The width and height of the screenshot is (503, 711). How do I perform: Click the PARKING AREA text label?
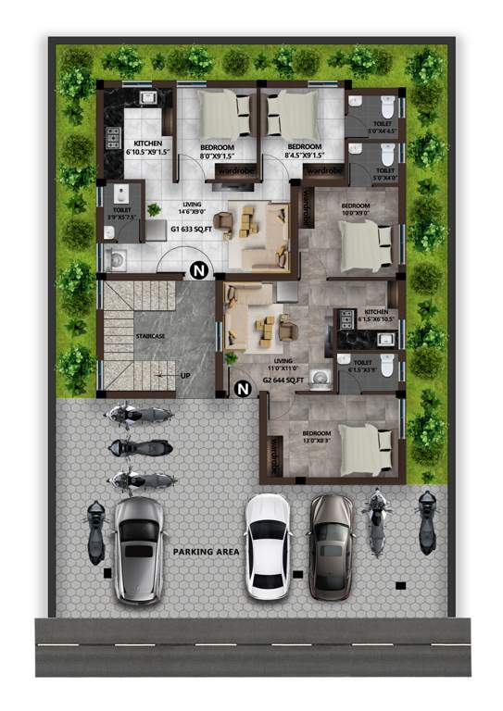pos(206,552)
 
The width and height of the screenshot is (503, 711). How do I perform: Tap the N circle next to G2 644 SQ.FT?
pos(243,390)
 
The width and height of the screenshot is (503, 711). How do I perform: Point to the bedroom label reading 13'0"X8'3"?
pos(316,436)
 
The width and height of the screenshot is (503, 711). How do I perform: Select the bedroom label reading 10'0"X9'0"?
pos(356,209)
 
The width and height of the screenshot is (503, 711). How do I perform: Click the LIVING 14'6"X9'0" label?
pos(193,208)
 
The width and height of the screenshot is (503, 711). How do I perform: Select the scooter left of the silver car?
pos(95,532)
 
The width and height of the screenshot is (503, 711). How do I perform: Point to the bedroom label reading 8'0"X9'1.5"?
pos(217,152)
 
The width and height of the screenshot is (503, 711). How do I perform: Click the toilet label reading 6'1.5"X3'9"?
pos(362,367)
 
